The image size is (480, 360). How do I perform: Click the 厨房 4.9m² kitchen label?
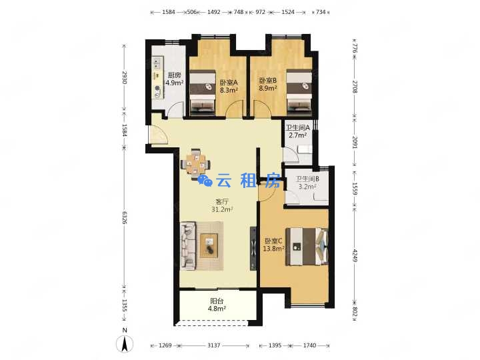[175, 79]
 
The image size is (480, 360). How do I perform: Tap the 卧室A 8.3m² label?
[229, 86]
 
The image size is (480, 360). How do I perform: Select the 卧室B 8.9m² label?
[268, 84]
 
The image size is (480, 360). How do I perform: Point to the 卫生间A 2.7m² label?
[297, 131]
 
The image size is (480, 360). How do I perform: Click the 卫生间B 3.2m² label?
[307, 183]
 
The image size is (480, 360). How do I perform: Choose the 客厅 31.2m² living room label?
[222, 205]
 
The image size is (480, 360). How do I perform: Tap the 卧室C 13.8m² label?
[274, 245]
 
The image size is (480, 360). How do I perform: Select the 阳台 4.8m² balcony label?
[217, 305]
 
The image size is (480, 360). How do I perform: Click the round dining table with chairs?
[195, 164]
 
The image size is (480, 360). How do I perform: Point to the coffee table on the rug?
[209, 245]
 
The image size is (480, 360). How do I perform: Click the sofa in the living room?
[188, 246]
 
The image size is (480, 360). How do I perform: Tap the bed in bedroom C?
[307, 247]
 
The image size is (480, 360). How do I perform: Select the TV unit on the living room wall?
[253, 248]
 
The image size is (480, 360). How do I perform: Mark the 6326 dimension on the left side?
[124, 217]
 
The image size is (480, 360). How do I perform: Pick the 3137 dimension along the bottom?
[214, 345]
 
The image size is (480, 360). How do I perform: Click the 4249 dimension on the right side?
[355, 255]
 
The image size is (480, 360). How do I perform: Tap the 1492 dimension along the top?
[214, 12]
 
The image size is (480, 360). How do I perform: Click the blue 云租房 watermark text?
[239, 181]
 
